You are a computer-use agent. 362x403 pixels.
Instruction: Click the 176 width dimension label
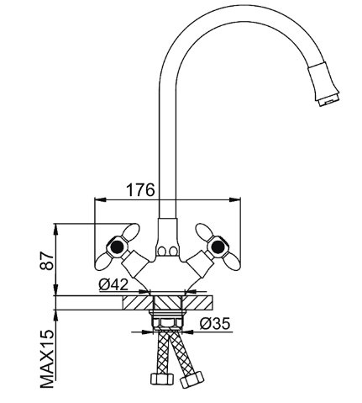click(140, 190)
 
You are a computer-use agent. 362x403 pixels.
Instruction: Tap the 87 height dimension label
click(46, 261)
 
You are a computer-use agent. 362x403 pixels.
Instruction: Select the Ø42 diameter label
click(113, 285)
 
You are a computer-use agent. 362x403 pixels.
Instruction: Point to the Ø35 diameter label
click(215, 323)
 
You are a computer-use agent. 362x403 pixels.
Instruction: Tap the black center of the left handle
click(117, 247)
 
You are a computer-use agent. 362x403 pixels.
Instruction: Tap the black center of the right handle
click(218, 247)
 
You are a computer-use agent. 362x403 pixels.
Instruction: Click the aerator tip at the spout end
click(328, 100)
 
